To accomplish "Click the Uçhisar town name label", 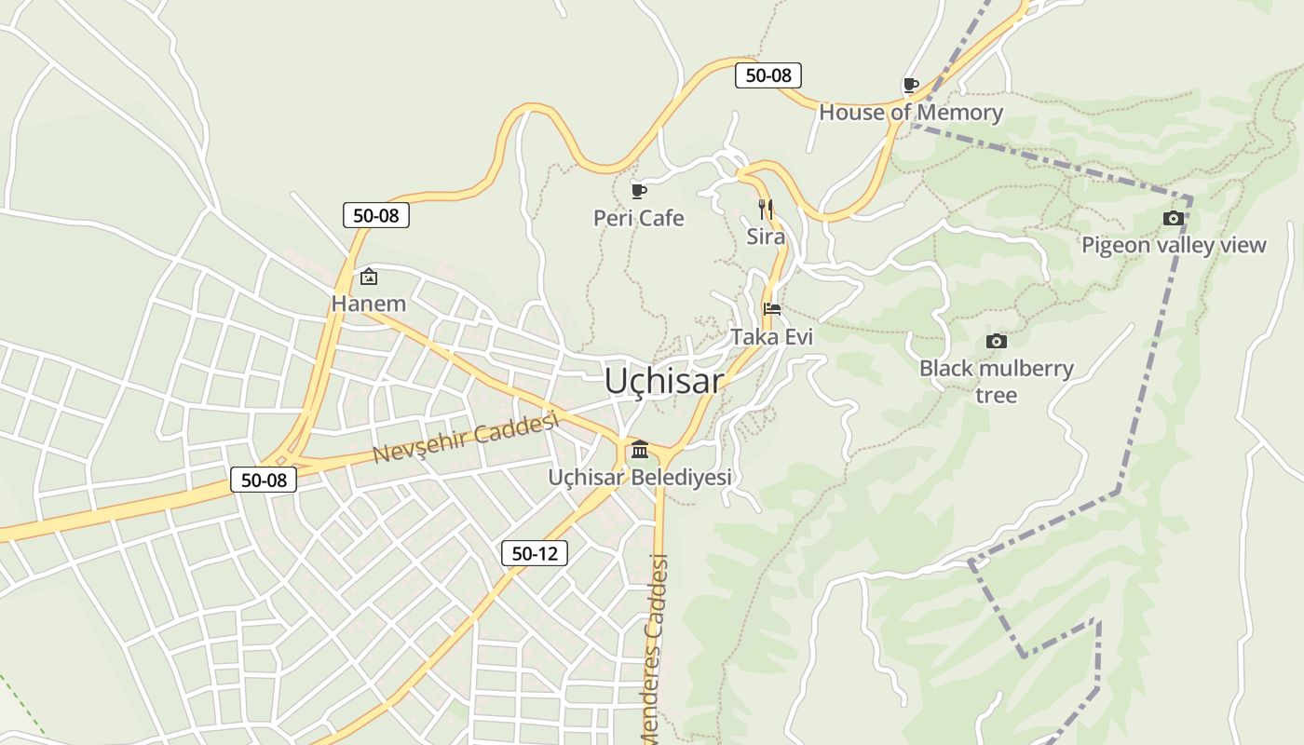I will click(663, 381).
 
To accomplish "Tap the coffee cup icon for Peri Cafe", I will click(638, 191).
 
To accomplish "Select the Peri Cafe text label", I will click(639, 218).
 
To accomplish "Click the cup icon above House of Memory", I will click(910, 86).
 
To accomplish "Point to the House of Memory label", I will click(910, 113).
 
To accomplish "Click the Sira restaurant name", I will click(766, 237).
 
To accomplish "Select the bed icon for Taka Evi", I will click(771, 309).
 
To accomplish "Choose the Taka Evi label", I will click(771, 336).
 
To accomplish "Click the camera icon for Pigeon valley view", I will click(1173, 219).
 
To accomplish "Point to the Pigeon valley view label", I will click(1173, 245).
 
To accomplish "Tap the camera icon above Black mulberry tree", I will click(996, 342).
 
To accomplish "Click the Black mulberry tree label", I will click(996, 381).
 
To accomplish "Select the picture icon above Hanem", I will click(369, 277).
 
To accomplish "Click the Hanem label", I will click(369, 304).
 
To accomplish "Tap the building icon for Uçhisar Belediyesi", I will click(639, 451).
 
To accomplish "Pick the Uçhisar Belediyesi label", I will click(639, 478).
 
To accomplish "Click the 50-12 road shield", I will click(534, 553).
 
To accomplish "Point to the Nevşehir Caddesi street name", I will click(465, 439).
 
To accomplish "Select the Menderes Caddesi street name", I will click(656, 647).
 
